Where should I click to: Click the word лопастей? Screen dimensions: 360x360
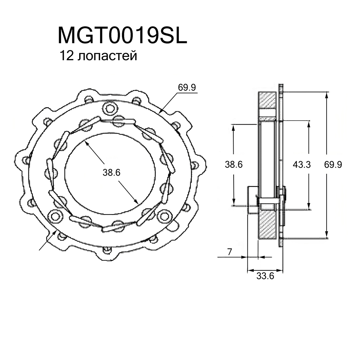tap(107, 57)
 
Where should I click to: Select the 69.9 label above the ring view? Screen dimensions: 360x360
tap(186, 87)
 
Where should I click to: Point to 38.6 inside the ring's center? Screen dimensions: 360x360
tap(111, 173)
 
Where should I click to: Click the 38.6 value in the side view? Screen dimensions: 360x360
tap(234, 165)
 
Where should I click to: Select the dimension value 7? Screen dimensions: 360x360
tap(229, 252)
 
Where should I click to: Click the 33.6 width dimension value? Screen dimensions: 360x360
tap(265, 276)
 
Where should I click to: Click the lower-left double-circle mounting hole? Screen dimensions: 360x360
tap(55, 216)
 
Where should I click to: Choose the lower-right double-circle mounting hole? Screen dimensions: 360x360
tap(165, 216)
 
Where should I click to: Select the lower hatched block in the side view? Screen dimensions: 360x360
tap(267, 225)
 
